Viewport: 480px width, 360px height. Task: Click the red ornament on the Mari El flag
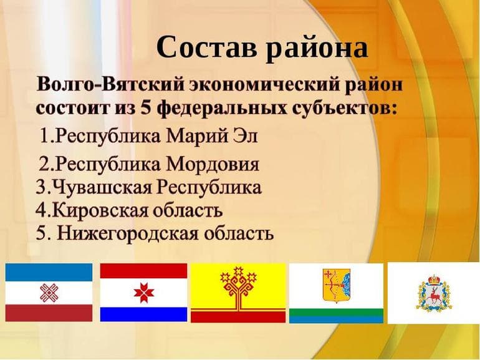(49, 292)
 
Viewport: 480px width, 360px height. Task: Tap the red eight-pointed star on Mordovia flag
(143, 291)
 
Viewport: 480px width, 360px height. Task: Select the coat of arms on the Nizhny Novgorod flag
(433, 291)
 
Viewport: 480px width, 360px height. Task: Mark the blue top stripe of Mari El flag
(49, 270)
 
